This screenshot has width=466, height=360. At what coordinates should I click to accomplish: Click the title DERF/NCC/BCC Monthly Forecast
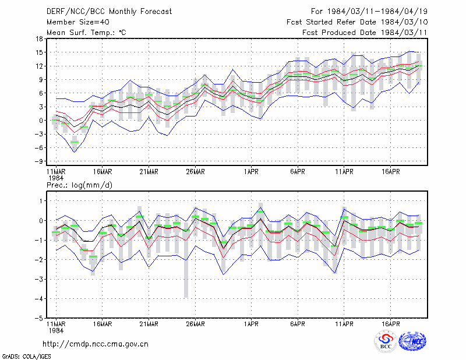(x=109, y=12)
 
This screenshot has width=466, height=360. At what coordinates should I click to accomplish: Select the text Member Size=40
(x=78, y=22)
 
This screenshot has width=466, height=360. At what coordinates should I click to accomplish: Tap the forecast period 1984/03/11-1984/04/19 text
(x=369, y=12)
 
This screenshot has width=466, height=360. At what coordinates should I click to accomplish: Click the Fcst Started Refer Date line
(x=357, y=22)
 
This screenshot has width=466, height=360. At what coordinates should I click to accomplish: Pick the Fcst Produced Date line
(x=365, y=33)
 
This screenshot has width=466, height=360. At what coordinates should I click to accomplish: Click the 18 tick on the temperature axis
(x=39, y=38)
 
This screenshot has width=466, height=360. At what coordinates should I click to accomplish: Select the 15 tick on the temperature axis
(x=39, y=52)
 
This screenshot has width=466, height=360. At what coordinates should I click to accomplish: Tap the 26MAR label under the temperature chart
(x=195, y=172)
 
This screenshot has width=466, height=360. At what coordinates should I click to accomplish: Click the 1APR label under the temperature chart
(x=251, y=172)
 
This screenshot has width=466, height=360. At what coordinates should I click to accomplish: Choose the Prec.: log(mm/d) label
(x=79, y=185)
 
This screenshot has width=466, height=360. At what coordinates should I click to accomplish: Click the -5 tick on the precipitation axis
(x=38, y=318)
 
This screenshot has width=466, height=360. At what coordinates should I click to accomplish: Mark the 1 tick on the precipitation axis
(x=41, y=201)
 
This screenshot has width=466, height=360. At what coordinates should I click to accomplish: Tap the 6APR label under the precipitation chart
(x=298, y=324)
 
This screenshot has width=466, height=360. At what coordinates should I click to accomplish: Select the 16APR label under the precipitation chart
(x=390, y=324)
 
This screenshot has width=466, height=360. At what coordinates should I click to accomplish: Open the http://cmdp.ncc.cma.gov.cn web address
(x=96, y=344)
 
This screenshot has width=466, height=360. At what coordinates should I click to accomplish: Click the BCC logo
(x=386, y=341)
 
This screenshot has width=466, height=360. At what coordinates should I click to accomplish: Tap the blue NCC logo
(x=412, y=341)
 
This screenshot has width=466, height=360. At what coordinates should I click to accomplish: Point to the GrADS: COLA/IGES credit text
(x=26, y=357)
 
